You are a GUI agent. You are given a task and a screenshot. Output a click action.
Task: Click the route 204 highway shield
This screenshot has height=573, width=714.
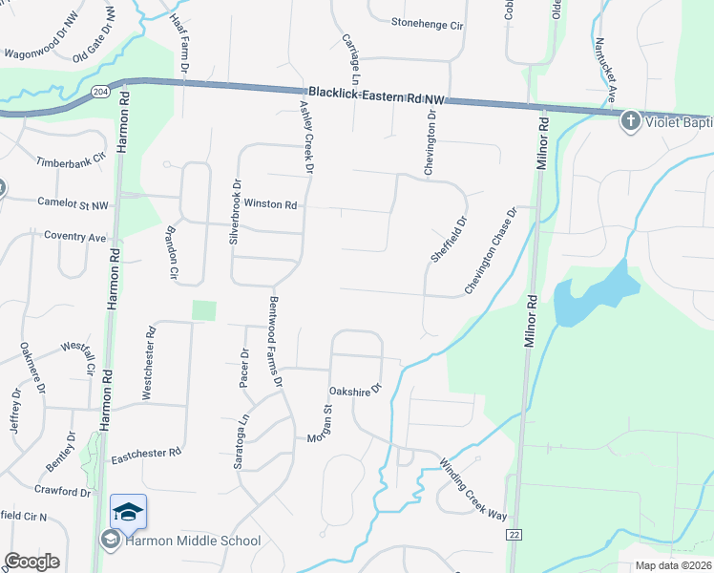[x=100, y=91]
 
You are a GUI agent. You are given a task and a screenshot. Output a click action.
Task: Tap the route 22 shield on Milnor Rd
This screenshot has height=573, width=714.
[x=514, y=535]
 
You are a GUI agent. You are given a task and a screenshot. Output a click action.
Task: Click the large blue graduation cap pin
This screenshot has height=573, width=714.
[x=129, y=513]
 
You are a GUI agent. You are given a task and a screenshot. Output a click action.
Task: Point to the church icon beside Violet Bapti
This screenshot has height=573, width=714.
[x=630, y=121]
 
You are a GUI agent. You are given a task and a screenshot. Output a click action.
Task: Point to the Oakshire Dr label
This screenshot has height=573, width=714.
[x=355, y=390]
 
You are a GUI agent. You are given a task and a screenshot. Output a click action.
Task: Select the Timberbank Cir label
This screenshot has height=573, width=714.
[x=71, y=162]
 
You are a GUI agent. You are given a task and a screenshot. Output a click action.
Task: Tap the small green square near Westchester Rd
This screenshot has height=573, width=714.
[x=204, y=310]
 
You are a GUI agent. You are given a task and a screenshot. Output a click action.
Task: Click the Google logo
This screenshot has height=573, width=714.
[x=31, y=562]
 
